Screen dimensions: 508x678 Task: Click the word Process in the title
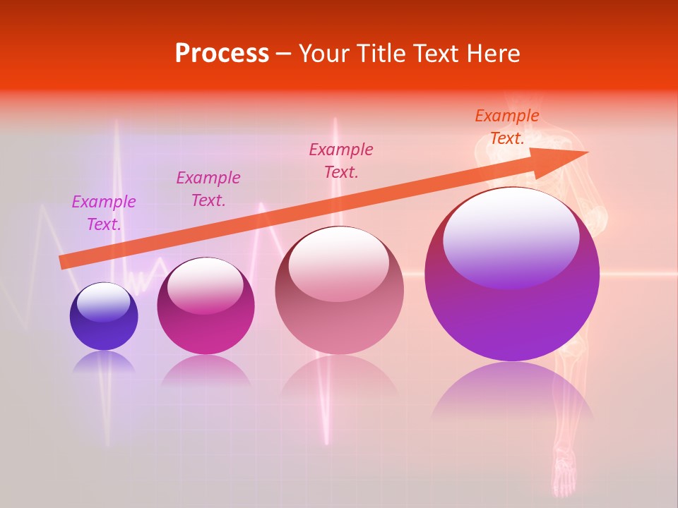coord(222,54)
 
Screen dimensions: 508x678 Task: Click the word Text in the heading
coord(438,54)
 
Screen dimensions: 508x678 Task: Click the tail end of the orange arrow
coord(61,262)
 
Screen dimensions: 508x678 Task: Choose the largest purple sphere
coord(512,317)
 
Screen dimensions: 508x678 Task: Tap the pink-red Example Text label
coord(341,160)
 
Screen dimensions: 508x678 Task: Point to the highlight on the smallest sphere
coord(103,302)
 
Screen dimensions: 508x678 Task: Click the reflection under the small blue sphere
coord(104,362)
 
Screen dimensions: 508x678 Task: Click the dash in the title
coord(284,54)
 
